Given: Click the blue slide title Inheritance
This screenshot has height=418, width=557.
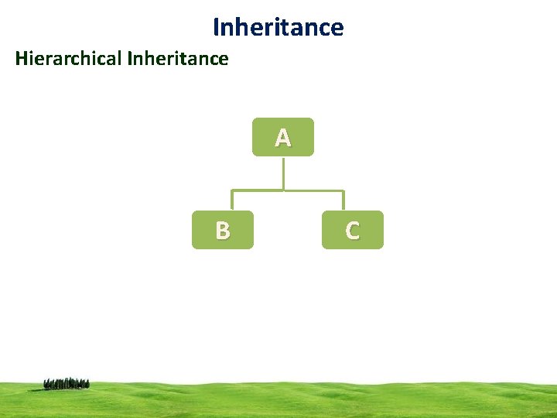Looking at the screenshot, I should point(278,28).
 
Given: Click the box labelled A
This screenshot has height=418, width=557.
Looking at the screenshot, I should point(283,137).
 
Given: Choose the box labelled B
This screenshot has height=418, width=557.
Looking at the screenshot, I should point(223,230).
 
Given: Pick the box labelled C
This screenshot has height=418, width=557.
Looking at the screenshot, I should point(352,230).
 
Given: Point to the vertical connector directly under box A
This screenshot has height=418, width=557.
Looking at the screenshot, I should point(283,172).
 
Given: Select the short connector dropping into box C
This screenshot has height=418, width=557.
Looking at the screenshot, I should point(343,200).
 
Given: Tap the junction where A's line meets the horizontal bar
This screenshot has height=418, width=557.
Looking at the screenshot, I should point(283,190).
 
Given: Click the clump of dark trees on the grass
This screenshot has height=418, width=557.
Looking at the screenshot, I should point(67,383).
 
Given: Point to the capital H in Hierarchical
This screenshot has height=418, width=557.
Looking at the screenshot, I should point(22,58).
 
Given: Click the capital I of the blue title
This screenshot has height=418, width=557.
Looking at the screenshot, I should point(216,28).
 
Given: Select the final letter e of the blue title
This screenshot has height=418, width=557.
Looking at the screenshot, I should point(337,29).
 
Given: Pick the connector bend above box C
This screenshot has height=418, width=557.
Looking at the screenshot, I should point(343,190).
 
